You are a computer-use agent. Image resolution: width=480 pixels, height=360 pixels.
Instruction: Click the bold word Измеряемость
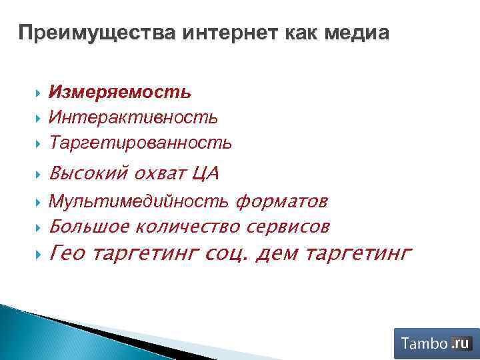coord(120,91)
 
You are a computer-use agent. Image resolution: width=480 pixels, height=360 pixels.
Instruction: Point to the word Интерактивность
coord(133,117)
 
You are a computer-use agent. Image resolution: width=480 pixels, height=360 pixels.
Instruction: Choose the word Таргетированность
coord(141,142)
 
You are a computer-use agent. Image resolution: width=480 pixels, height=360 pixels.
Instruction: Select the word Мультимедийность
coord(140,201)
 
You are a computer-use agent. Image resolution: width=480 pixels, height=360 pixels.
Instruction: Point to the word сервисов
coord(287,227)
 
